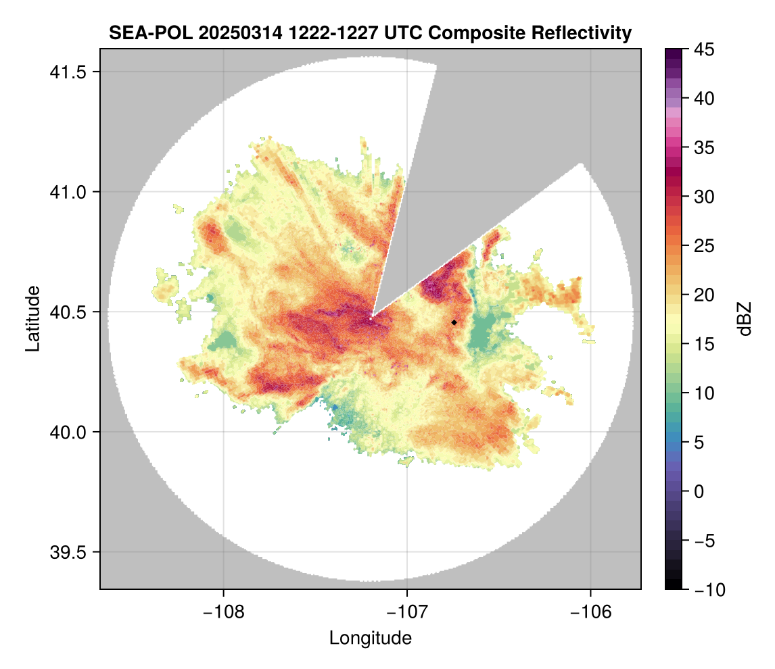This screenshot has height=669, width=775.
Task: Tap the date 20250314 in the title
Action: pyautogui.click(x=231, y=32)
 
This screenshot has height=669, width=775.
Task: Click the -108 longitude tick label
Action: pyautogui.click(x=223, y=612)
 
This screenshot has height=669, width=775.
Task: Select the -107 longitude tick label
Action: pyautogui.click(x=407, y=612)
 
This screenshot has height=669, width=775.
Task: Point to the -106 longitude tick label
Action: pyautogui.click(x=591, y=612)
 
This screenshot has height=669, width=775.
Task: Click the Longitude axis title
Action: pyautogui.click(x=371, y=638)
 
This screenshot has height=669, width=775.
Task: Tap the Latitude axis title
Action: pyautogui.click(x=32, y=318)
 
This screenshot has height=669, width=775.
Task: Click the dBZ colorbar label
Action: pyautogui.click(x=745, y=319)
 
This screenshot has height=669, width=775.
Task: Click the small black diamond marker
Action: pyautogui.click(x=454, y=322)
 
